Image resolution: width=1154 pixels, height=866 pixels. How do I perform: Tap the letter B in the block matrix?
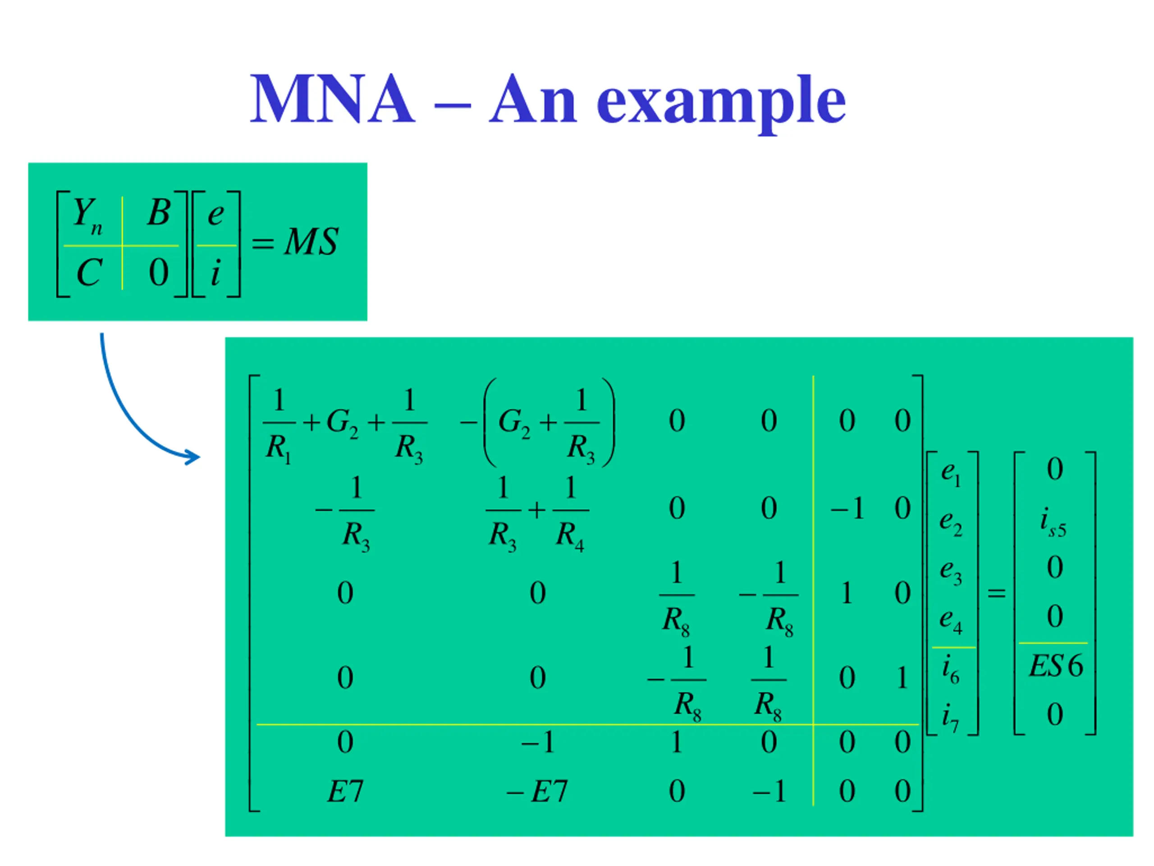(x=159, y=212)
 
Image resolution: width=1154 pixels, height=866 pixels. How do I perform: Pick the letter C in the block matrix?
(x=89, y=272)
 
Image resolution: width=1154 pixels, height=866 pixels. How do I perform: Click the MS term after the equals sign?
(x=311, y=242)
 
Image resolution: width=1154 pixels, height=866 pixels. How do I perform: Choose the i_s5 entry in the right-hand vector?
(x=1053, y=522)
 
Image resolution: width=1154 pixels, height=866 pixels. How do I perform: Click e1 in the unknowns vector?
(x=951, y=474)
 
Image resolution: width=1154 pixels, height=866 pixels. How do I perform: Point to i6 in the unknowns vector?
(x=951, y=670)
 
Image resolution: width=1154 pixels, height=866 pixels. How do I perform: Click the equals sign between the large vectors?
(x=996, y=593)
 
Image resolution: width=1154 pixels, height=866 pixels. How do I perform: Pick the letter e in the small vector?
(x=215, y=214)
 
